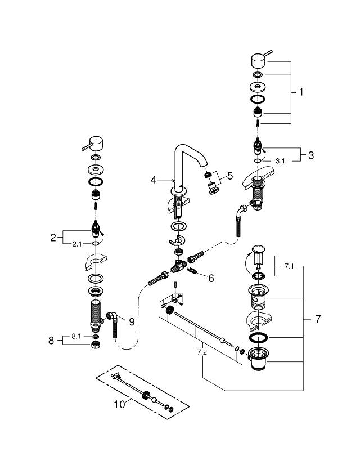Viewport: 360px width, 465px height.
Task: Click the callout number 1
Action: pos(301,92)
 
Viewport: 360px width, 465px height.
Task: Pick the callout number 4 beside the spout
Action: pos(153,180)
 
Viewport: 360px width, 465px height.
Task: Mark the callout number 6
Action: pos(211,278)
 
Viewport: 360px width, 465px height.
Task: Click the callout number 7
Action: pos(318,319)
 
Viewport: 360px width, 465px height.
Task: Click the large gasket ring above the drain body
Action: pos(260,338)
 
